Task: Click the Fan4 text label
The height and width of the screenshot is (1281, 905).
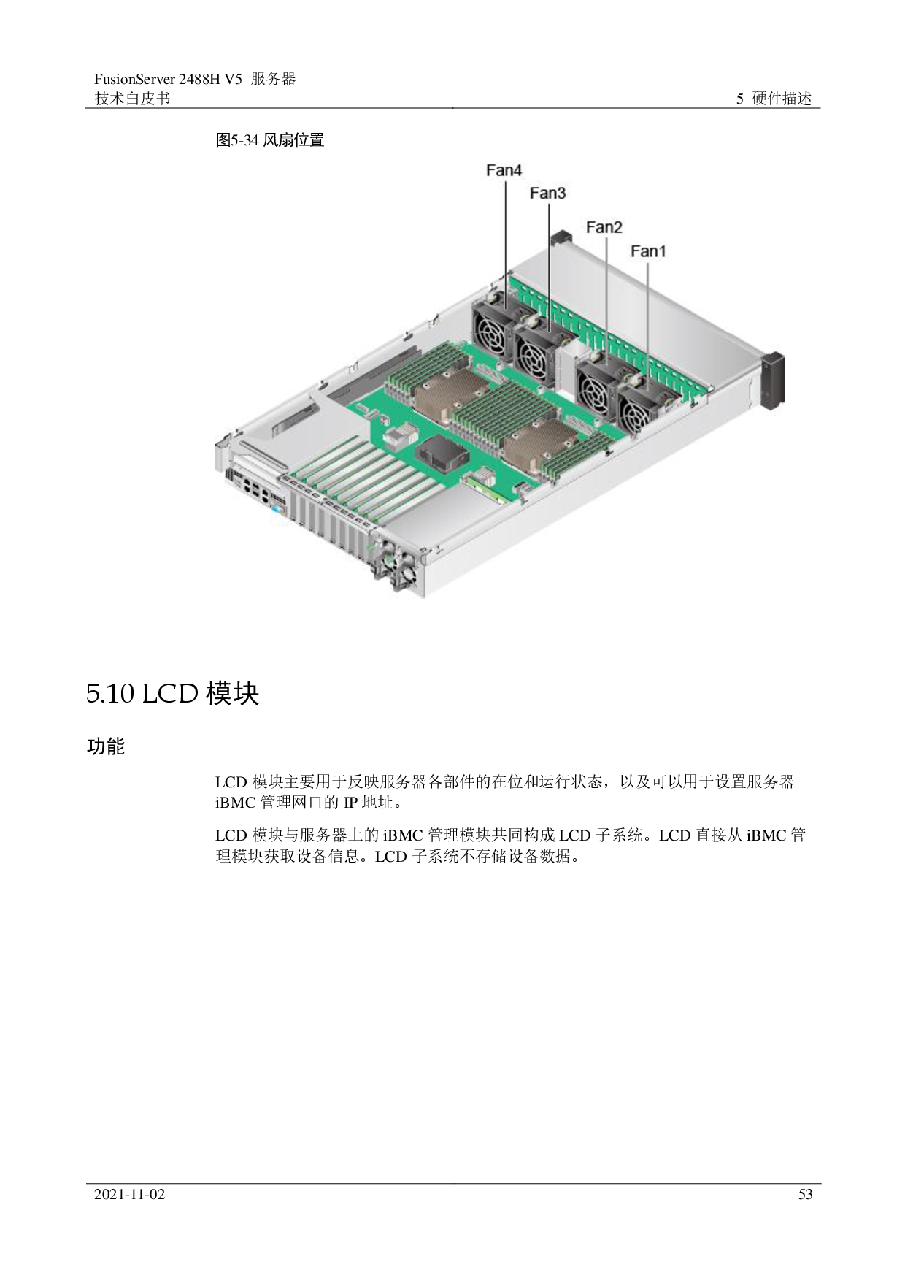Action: point(504,170)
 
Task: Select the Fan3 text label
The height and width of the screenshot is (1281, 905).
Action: point(547,194)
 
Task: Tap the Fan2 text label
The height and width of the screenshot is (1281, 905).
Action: point(604,227)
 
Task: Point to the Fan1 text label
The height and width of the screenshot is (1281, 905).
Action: point(648,251)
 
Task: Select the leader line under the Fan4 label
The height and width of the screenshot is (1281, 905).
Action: point(505,234)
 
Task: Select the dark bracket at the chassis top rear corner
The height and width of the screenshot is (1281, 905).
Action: point(561,237)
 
